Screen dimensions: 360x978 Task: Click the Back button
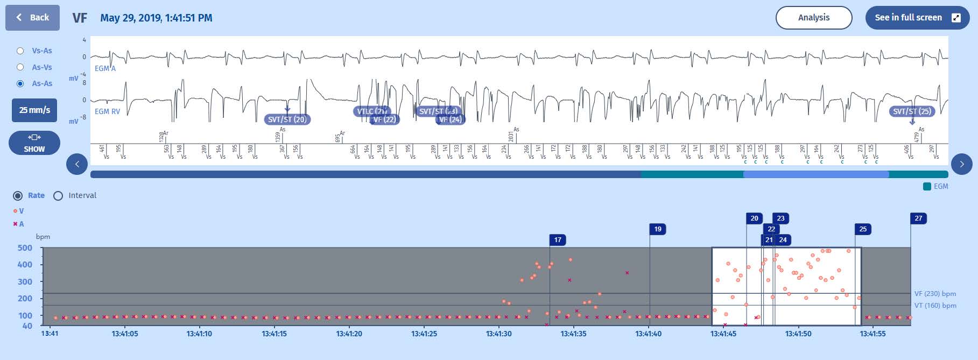pyautogui.click(x=32, y=18)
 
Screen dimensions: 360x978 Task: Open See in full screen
pyautogui.click(x=917, y=18)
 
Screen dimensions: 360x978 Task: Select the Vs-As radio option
pyautogui.click(x=20, y=51)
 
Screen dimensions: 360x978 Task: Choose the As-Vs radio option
pyautogui.click(x=20, y=67)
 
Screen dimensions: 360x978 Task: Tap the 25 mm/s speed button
pyautogui.click(x=34, y=110)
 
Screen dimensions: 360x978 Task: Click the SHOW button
pyautogui.click(x=34, y=143)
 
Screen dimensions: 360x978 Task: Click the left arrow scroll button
pyautogui.click(x=77, y=164)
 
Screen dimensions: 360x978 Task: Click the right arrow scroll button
pyautogui.click(x=961, y=164)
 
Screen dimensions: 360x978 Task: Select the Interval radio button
pyautogui.click(x=59, y=196)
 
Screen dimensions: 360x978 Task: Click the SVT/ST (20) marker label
pyautogui.click(x=287, y=119)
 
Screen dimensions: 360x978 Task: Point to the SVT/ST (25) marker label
pyautogui.click(x=912, y=111)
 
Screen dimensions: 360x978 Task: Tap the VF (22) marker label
pyautogui.click(x=384, y=119)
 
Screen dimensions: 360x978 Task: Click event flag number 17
pyautogui.click(x=558, y=240)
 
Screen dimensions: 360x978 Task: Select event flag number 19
pyautogui.click(x=658, y=229)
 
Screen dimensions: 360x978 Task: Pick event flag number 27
pyautogui.click(x=918, y=218)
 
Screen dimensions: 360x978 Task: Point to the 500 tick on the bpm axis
pyautogui.click(x=25, y=248)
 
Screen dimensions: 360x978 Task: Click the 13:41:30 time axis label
pyautogui.click(x=499, y=334)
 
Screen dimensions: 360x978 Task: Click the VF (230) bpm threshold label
pyautogui.click(x=935, y=294)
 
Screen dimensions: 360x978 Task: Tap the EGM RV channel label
pyautogui.click(x=107, y=111)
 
